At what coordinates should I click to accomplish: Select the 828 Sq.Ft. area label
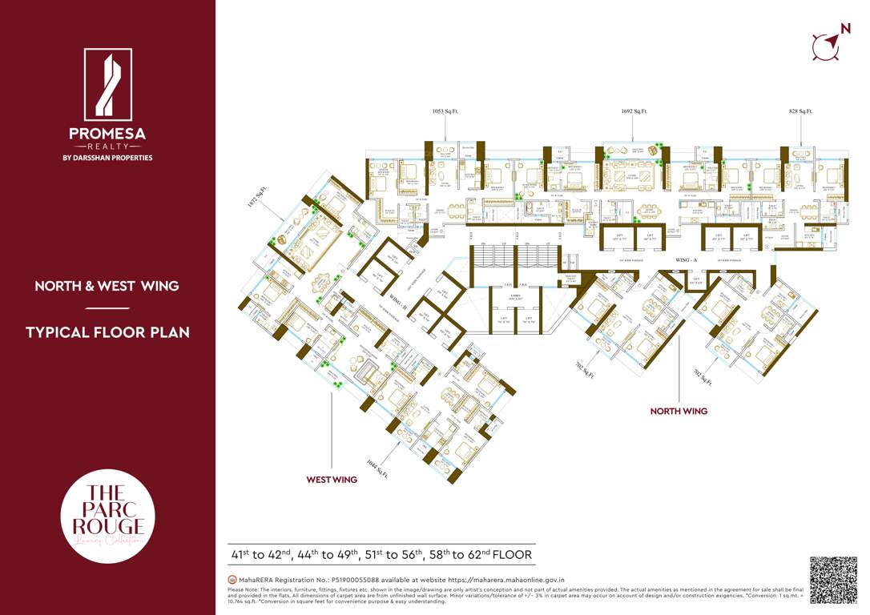(x=800, y=111)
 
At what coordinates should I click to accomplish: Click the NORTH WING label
(x=678, y=411)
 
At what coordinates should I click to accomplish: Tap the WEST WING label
(x=332, y=480)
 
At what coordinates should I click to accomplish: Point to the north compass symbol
(x=828, y=43)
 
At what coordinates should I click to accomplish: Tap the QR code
(x=833, y=579)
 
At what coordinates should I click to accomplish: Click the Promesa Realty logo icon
(x=107, y=84)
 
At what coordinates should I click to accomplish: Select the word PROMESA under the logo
(x=107, y=133)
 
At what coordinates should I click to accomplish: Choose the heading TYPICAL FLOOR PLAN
(x=107, y=332)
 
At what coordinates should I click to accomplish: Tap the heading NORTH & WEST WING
(x=107, y=286)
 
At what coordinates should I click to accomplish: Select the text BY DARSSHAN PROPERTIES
(x=107, y=158)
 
